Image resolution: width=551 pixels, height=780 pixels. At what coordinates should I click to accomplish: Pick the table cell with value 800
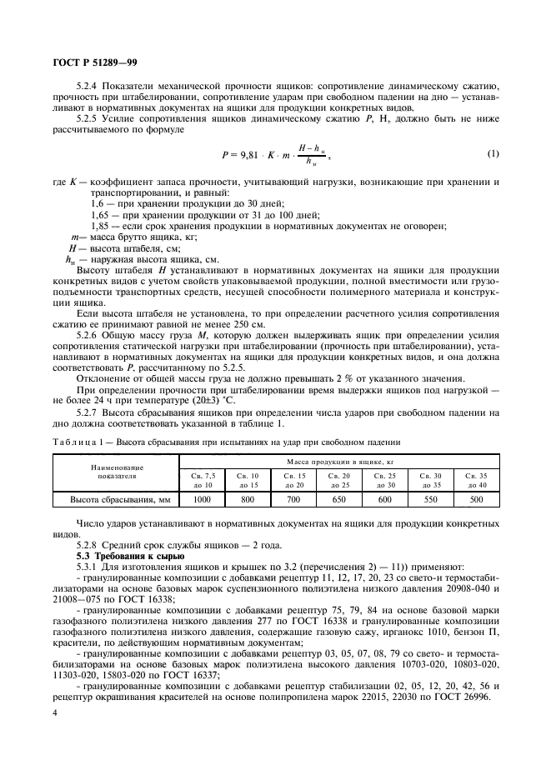click(x=248, y=499)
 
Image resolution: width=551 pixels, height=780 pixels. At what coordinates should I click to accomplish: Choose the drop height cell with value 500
click(x=477, y=499)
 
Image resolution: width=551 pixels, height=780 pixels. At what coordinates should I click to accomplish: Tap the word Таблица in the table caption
click(x=74, y=441)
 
